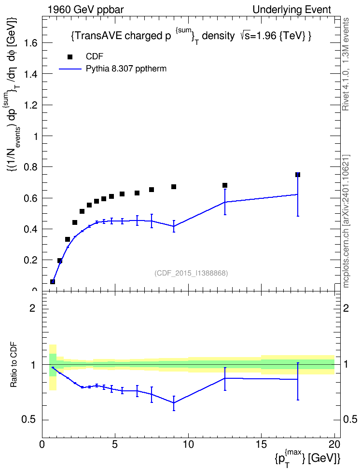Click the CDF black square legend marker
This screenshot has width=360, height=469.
(70, 57)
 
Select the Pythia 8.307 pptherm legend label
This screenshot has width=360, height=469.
(126, 69)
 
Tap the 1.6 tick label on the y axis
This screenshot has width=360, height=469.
(31, 43)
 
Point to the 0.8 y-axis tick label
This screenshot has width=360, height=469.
(31, 167)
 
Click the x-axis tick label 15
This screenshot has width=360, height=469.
(261, 444)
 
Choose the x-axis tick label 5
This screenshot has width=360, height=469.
(115, 444)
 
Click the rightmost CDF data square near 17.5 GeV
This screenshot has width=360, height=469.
(297, 175)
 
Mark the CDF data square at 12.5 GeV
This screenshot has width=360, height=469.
(225, 185)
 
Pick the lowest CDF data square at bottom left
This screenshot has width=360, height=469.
(53, 281)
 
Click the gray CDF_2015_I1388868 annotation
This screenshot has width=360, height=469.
(191, 273)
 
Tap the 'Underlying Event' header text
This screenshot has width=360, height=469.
(292, 10)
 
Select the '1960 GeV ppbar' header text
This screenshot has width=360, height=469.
(85, 10)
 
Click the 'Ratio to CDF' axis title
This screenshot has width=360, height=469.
(14, 365)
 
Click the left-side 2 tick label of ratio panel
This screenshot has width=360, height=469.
(32, 308)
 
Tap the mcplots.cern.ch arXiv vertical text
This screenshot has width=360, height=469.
(346, 221)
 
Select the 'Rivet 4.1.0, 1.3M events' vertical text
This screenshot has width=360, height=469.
(346, 64)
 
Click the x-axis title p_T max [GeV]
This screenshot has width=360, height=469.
(307, 457)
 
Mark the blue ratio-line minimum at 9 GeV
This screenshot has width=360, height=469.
(174, 402)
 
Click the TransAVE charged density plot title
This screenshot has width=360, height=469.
(191, 37)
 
